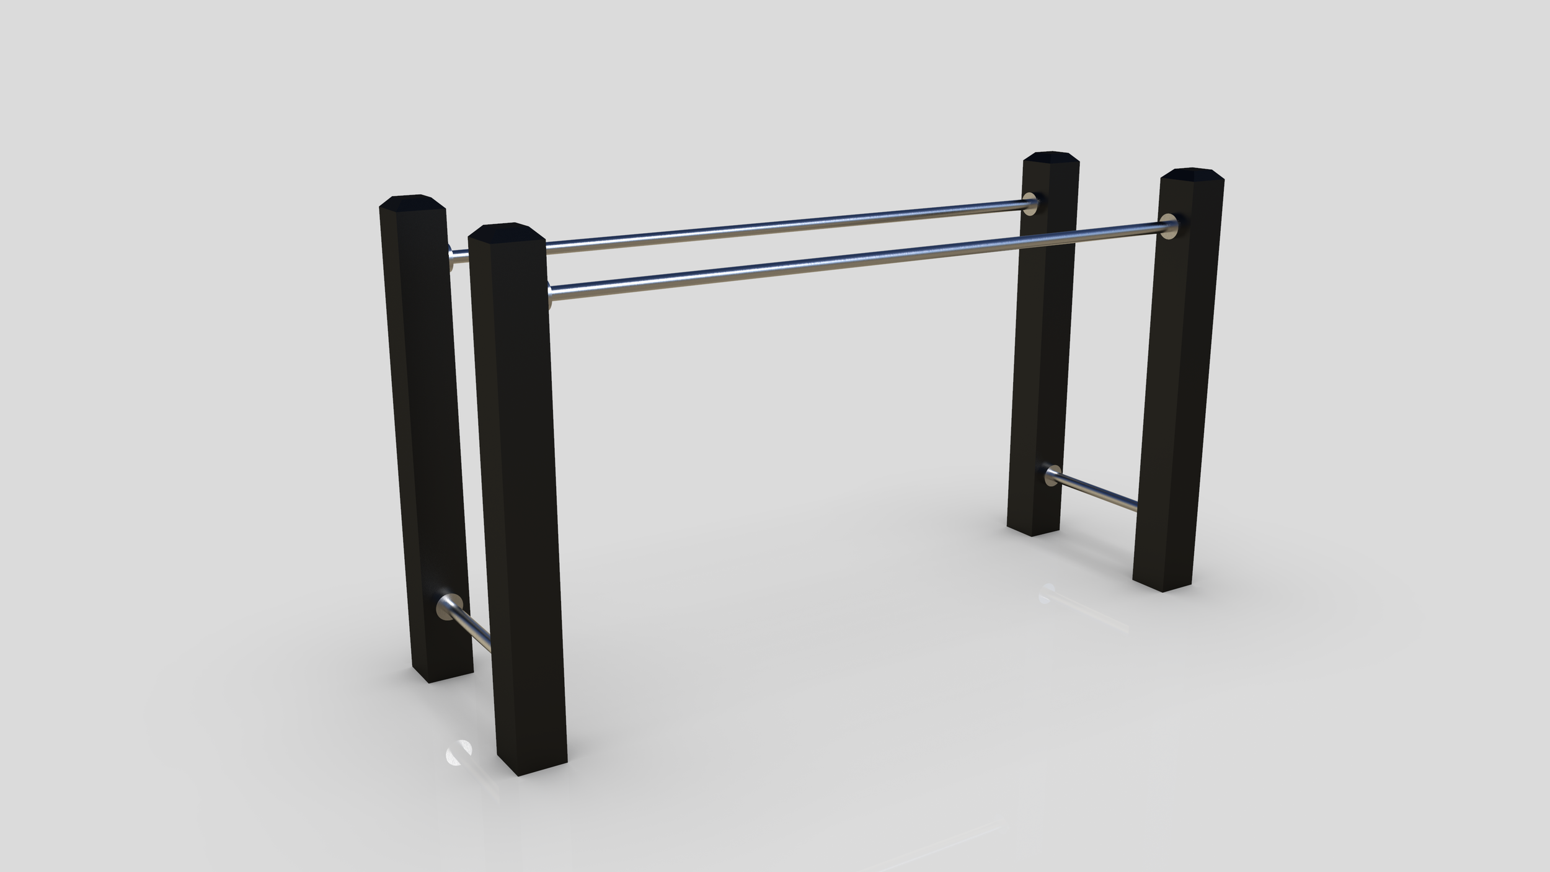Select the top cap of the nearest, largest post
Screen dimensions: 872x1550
pos(507,231)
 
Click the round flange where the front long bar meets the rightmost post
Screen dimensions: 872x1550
pos(1169,226)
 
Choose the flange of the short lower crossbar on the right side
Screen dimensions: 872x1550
pos(1053,475)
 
